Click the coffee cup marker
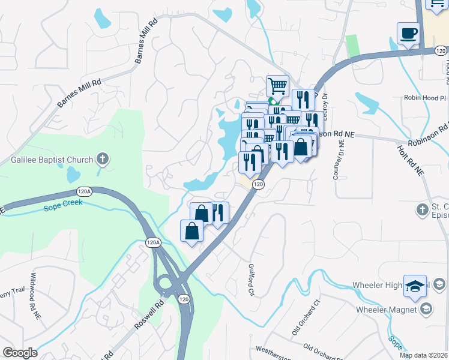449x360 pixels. click(409, 34)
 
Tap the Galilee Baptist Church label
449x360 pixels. click(52, 160)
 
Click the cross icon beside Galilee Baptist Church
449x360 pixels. click(103, 160)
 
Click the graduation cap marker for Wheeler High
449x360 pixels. click(415, 286)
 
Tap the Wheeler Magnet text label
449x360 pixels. click(387, 310)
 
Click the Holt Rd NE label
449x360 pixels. click(411, 160)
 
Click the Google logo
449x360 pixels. click(20, 353)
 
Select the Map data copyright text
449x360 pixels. click(423, 355)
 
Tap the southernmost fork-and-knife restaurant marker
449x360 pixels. click(218, 214)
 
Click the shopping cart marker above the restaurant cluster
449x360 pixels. click(277, 86)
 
